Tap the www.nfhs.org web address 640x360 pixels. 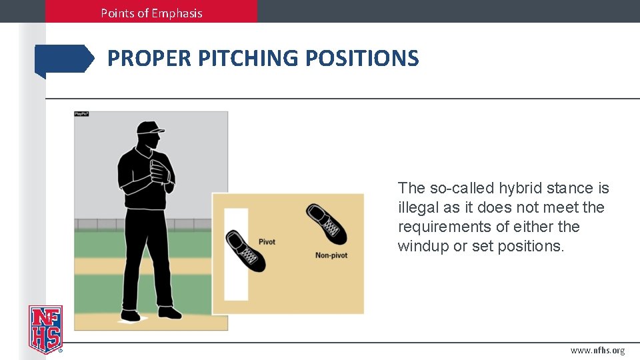coord(597,351)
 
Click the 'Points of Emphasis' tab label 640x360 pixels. coord(151,13)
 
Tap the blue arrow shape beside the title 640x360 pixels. coord(64,59)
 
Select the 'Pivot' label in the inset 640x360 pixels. coord(267,242)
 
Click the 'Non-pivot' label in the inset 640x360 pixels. coord(331,255)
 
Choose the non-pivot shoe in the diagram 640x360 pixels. coord(326,223)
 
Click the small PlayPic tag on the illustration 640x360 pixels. coord(81,114)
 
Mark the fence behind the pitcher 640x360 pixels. coord(93,224)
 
